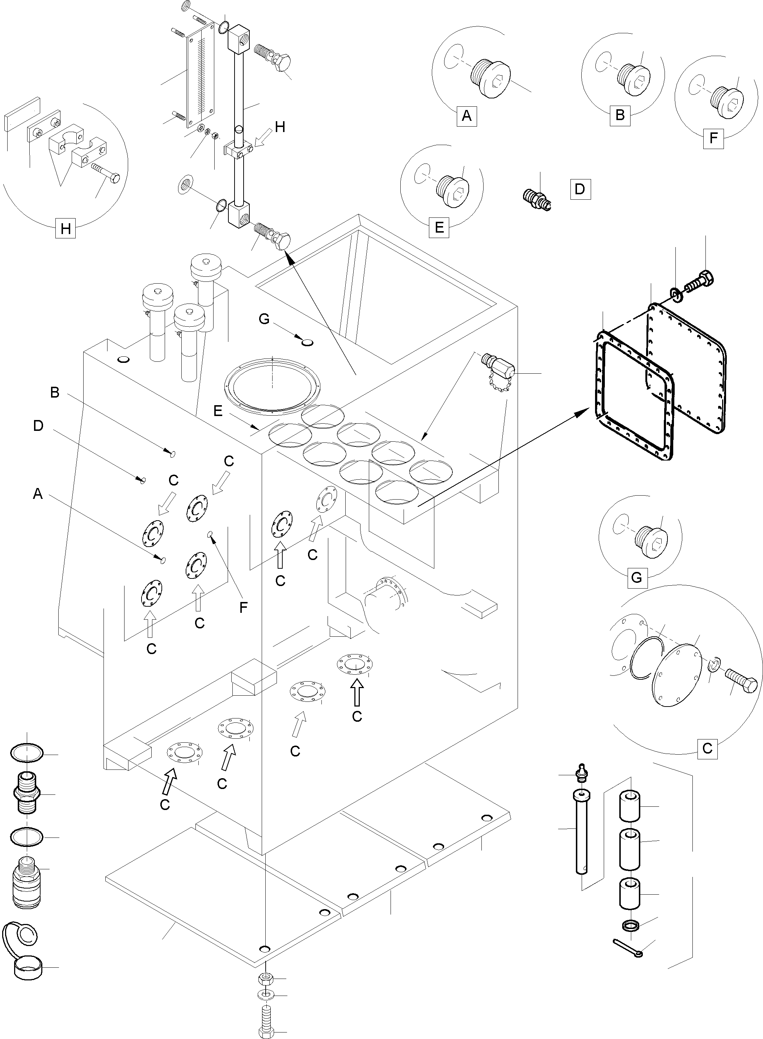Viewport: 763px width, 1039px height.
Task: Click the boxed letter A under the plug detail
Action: click(x=467, y=116)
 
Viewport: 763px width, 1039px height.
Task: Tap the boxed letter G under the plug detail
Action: click(x=636, y=577)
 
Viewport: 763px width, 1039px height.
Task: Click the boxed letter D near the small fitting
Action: click(x=580, y=189)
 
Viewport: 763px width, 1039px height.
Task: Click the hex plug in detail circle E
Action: click(x=453, y=187)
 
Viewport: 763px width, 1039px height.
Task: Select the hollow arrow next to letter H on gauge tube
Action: click(x=263, y=137)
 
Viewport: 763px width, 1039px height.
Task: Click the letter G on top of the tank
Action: click(x=264, y=319)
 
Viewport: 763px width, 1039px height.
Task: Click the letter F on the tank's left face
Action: click(x=243, y=607)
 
